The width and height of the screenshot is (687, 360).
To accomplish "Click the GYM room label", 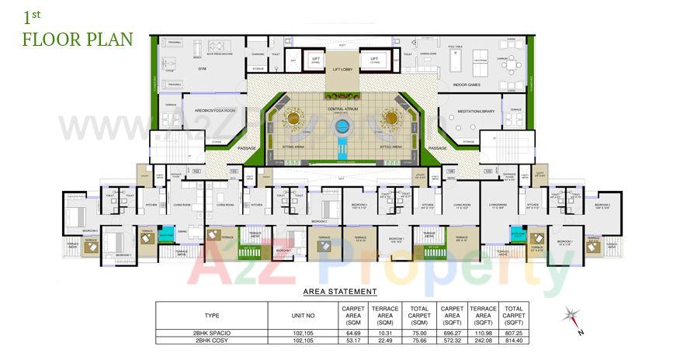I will click(x=202, y=69).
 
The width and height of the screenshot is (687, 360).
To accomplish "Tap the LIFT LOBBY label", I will click(x=342, y=69).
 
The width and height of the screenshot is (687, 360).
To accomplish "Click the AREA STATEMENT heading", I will click(x=339, y=292).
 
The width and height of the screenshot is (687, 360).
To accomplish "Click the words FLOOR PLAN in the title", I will click(x=77, y=40).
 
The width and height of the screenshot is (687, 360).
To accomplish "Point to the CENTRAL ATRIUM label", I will click(x=342, y=109).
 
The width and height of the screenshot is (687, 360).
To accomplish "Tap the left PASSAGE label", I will click(x=248, y=147).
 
